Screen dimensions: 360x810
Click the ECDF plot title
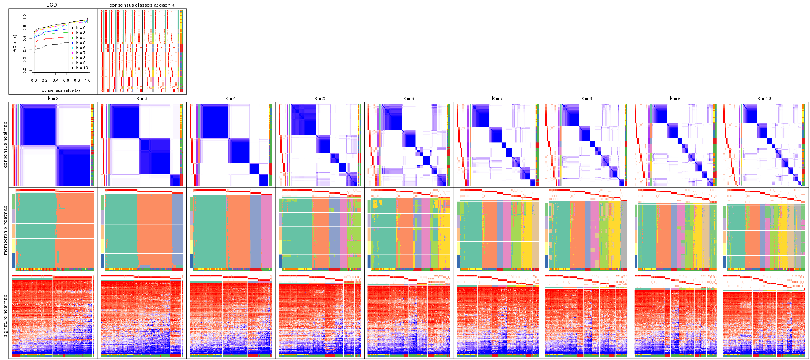click(53, 5)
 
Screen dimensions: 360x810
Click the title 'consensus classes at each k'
click(142, 5)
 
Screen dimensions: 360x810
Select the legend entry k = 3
click(80, 33)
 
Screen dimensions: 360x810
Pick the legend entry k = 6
click(80, 48)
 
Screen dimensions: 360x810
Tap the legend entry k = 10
click(82, 68)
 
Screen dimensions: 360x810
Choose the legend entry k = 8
click(80, 58)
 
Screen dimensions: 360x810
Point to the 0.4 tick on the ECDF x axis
click(55, 80)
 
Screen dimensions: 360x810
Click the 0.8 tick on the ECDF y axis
click(25, 28)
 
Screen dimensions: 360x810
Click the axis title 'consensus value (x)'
click(61, 90)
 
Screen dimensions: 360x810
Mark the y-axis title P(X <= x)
click(15, 44)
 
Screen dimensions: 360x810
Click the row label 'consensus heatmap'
click(5, 145)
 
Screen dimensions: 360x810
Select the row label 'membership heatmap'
click(5, 230)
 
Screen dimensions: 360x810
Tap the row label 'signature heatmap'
click(5, 316)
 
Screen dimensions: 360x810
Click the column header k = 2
click(53, 99)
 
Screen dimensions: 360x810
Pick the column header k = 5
click(320, 99)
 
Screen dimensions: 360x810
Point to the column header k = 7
click(497, 99)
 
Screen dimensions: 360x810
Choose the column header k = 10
click(764, 99)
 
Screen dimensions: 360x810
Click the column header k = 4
click(231, 99)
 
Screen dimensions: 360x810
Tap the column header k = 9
click(675, 99)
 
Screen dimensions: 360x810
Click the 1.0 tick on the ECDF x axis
click(87, 80)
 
